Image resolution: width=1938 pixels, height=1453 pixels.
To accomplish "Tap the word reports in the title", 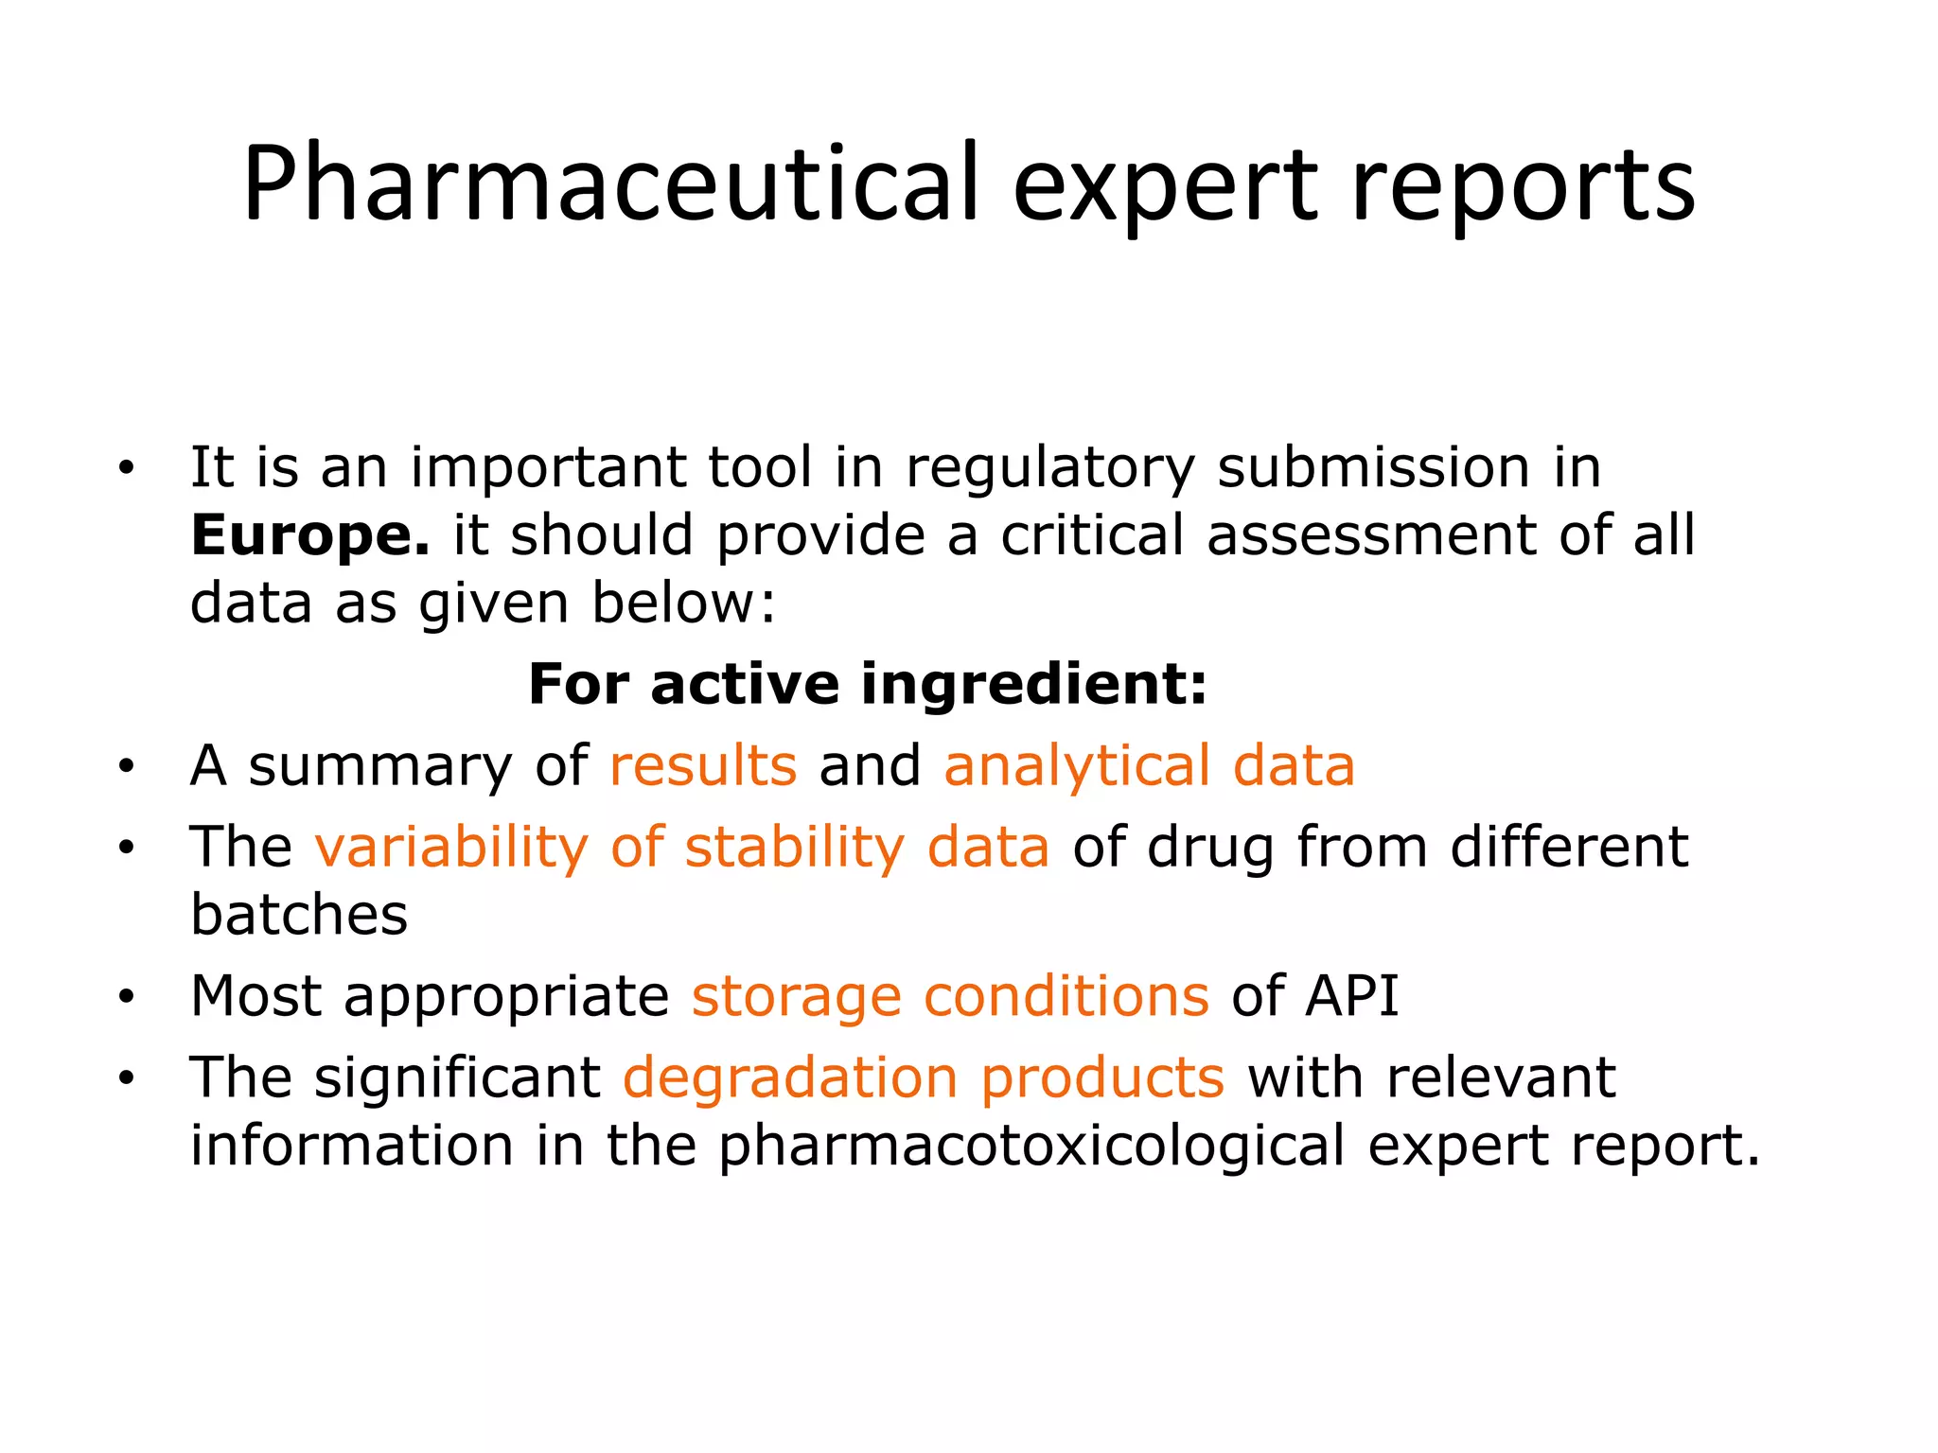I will coord(1523,184).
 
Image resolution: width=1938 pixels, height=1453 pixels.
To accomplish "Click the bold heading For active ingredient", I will coord(868,684).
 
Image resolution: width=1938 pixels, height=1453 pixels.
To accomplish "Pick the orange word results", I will coord(703,765).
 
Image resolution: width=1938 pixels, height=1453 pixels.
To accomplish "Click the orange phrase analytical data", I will coord(1149,765).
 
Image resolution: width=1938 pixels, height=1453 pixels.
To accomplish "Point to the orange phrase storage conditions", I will coord(950,996).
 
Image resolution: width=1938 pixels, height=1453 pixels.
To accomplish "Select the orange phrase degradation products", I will coord(924,1077).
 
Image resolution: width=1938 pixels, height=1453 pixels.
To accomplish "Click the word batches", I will coord(299,915).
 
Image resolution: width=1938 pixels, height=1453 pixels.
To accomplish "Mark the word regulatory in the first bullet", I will coord(1050,468).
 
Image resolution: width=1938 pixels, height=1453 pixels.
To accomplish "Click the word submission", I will coord(1373,468).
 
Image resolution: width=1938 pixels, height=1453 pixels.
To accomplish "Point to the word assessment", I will coord(1371,536).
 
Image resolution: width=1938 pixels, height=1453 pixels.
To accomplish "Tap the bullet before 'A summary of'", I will coord(127,766).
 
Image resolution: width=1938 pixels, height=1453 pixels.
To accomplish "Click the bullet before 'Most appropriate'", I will coord(127,997).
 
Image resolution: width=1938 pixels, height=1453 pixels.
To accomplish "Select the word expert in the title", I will coord(1164,184).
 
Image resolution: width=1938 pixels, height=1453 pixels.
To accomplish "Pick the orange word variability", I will coord(451,847).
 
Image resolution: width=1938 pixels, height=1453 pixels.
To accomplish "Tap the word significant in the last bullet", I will coord(457,1077).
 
